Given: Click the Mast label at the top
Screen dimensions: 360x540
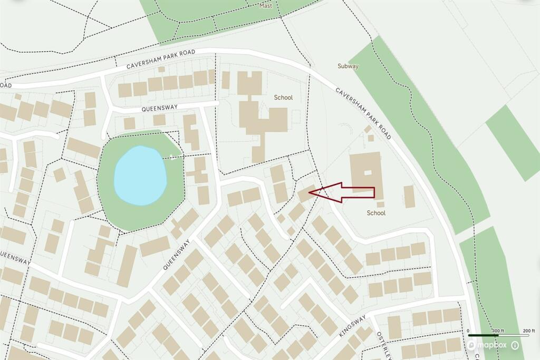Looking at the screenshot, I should [x=266, y=6].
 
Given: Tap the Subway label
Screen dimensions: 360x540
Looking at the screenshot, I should [x=348, y=66].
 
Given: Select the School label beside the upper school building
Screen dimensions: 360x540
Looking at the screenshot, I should [x=283, y=98].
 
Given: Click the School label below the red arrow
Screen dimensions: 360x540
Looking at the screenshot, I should [x=376, y=213].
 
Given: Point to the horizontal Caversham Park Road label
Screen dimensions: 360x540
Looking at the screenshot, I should [x=161, y=60].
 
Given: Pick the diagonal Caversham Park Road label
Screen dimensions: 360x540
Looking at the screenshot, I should [x=363, y=113].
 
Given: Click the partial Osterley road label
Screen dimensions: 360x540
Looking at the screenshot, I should [x=382, y=345].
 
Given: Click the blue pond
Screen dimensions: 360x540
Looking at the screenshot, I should [x=140, y=176].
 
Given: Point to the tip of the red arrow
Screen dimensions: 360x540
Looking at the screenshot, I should [x=310, y=193].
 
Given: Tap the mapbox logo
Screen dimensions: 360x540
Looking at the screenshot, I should [x=486, y=345].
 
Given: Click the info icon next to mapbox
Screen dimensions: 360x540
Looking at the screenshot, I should [x=515, y=345].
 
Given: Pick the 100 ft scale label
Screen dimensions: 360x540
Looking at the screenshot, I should [x=497, y=331].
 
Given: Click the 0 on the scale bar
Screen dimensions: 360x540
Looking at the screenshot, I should [x=468, y=331].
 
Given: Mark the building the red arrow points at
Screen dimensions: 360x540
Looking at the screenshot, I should [x=305, y=193].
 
